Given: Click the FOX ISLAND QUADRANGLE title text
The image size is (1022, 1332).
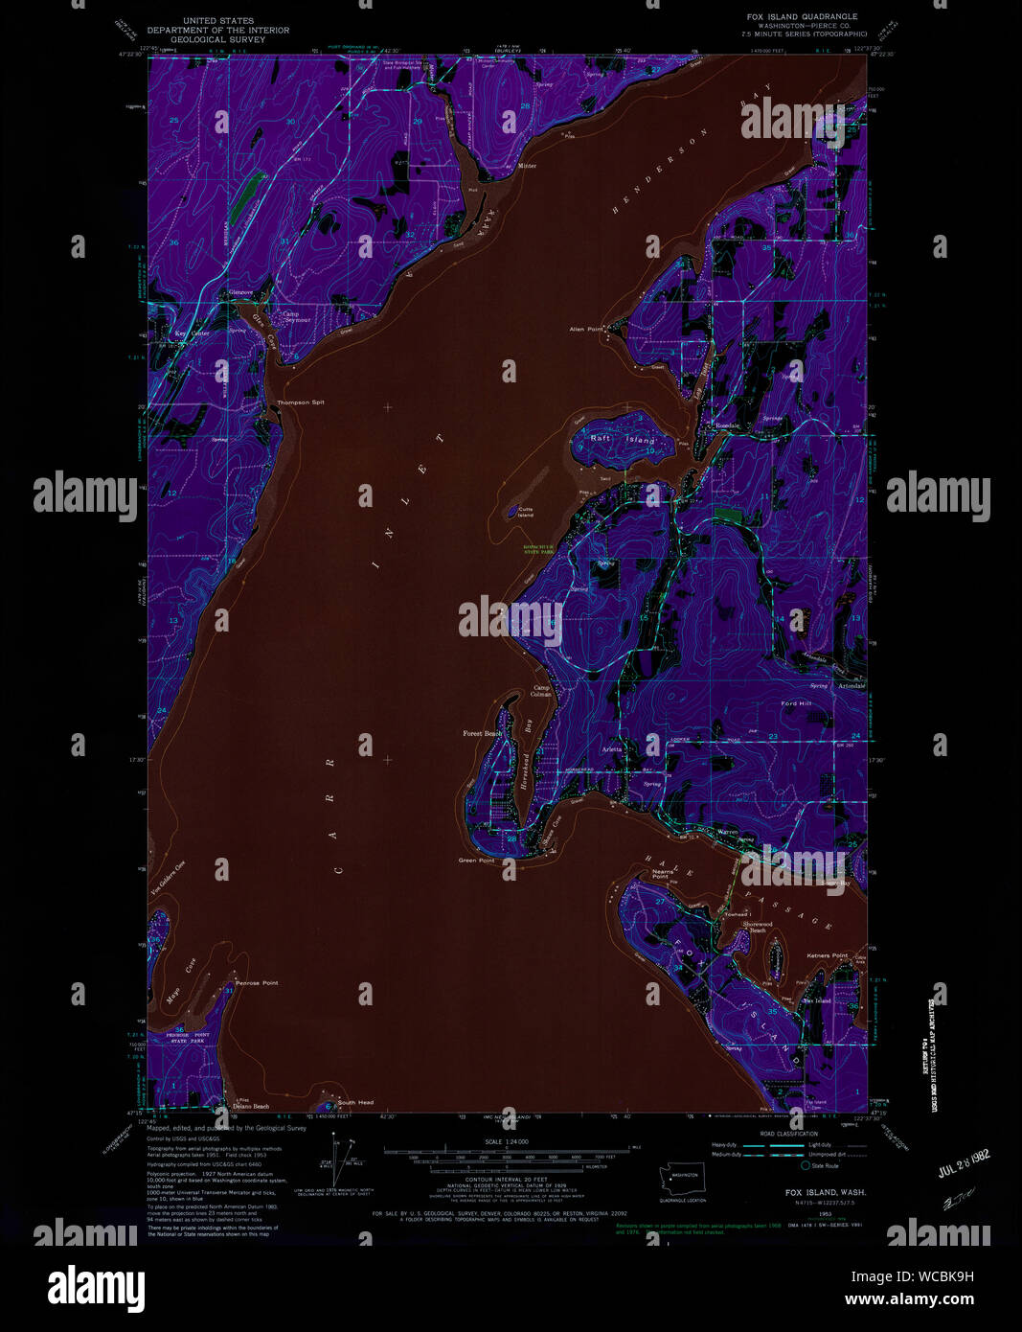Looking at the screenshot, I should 802,16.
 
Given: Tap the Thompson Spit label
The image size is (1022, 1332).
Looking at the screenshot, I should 300,402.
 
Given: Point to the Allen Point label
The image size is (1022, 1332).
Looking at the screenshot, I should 586,329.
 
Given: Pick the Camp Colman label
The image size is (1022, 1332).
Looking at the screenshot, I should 542,691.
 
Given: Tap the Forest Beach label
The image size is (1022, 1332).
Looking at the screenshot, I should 482,734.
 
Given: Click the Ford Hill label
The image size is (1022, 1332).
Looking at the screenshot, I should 795,703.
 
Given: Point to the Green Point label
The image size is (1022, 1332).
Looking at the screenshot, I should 476,861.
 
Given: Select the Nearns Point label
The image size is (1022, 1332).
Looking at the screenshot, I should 659,874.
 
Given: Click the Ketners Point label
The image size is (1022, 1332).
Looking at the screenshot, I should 828,955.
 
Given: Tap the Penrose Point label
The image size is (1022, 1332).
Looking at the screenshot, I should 256,983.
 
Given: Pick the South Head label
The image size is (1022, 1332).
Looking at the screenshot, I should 354,1103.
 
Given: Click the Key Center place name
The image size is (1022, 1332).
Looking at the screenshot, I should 192,333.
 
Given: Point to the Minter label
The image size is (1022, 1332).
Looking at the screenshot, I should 527,166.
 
